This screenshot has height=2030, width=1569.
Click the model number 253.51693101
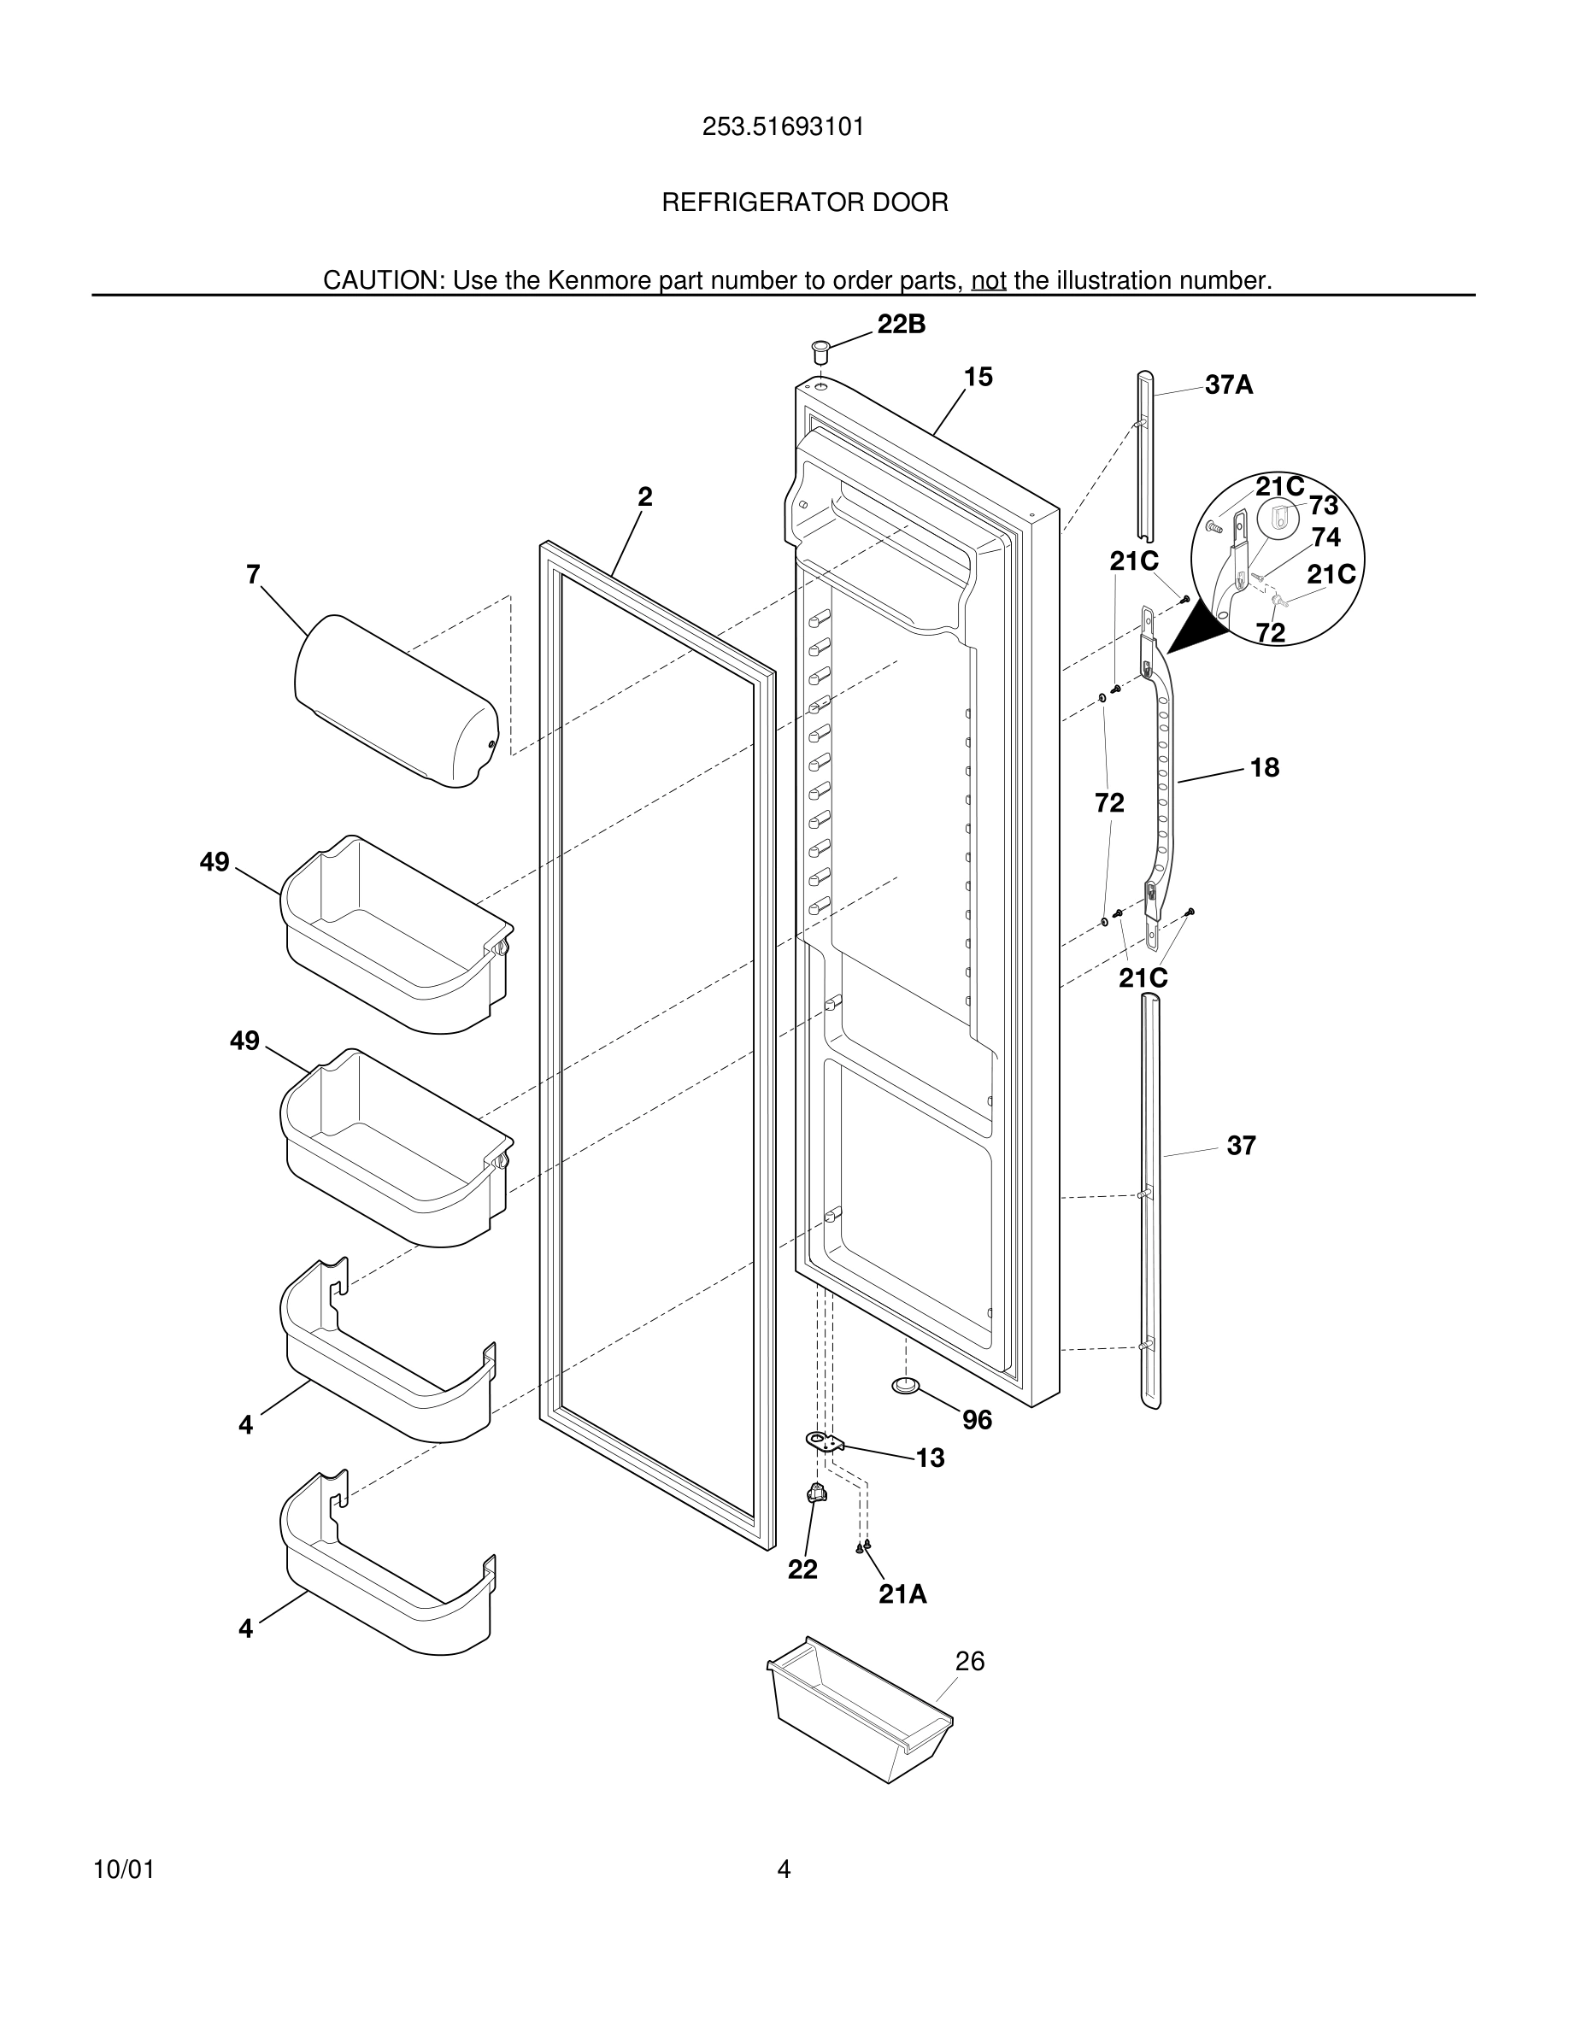783,126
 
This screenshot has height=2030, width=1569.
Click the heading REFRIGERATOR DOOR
805,202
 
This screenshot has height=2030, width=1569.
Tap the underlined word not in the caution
988,281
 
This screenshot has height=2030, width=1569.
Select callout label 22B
901,325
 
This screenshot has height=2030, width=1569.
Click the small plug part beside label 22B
820,352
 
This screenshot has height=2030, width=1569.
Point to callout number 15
978,377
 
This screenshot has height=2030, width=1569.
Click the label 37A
1228,384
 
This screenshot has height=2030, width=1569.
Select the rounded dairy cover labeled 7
395,701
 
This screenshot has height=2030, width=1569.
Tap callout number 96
977,1420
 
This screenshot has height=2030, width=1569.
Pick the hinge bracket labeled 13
822,1441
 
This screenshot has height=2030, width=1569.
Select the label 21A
902,1594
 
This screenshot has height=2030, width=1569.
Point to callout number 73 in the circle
1323,506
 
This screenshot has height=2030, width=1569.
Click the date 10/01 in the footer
124,1870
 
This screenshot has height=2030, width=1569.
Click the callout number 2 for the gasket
644,497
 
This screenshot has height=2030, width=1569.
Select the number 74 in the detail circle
1325,537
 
